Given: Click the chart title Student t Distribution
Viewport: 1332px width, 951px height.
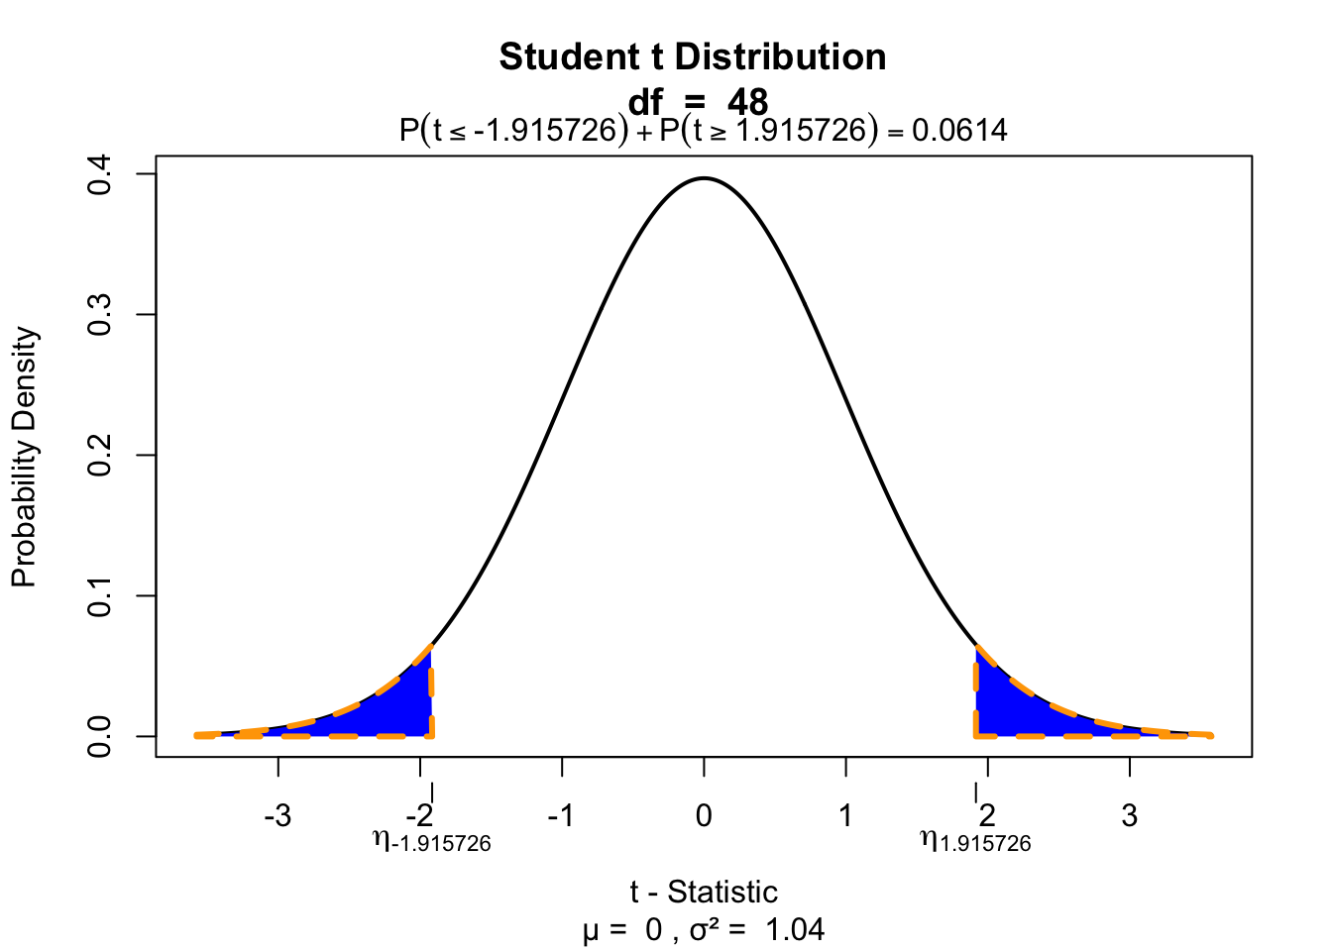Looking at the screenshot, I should pos(693,57).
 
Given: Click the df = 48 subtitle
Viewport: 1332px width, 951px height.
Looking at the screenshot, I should pos(698,101).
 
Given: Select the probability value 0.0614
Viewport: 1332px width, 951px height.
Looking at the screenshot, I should pos(959,130).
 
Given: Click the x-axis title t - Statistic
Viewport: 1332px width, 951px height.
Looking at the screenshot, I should pos(704,892).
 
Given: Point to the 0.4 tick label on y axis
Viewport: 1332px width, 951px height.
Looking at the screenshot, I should pos(100,174).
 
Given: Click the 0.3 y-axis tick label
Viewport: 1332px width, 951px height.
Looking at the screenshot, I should pos(100,315).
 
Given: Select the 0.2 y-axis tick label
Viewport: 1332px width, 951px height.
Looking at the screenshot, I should pos(100,456).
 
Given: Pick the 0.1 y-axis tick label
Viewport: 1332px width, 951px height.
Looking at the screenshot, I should pos(100,596).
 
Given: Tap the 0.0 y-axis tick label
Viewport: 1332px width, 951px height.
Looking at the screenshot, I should pos(100,736).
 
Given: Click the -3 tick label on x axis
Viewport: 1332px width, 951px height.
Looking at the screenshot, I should pos(277,817).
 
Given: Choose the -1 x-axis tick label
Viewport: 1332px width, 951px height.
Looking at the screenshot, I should pos(561,817).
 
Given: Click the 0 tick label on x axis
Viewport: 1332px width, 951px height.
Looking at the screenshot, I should pos(704,817).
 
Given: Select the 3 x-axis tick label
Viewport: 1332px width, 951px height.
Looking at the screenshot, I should pos(1130,817).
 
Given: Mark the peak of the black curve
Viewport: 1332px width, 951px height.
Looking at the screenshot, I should pos(704,179).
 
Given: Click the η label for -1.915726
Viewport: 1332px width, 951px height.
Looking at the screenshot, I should pos(432,842).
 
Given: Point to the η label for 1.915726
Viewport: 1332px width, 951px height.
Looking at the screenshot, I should pos(976,842).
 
